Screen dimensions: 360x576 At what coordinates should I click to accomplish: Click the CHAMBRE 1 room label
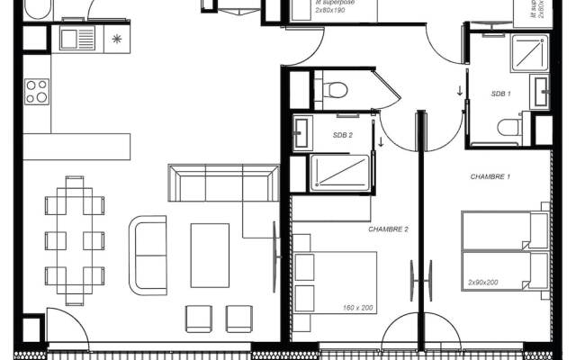pos(490,177)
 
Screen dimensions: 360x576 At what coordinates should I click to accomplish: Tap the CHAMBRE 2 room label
pos(388,229)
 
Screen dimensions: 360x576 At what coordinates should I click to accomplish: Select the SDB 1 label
pos(501,94)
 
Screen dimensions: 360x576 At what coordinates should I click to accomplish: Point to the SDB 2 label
pos(342,136)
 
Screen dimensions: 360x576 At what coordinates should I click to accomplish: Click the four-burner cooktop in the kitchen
pos(37,91)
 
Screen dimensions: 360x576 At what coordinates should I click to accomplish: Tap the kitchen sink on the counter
pos(76,39)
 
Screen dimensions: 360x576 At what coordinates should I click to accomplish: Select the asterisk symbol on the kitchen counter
pos(116,39)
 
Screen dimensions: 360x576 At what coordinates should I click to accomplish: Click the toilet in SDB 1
pos(511,128)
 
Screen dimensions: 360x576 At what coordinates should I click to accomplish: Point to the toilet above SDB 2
pos(337,90)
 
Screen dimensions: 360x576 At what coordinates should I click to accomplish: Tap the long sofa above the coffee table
pos(222,183)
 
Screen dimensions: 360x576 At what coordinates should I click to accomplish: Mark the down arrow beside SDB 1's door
pos(459,91)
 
